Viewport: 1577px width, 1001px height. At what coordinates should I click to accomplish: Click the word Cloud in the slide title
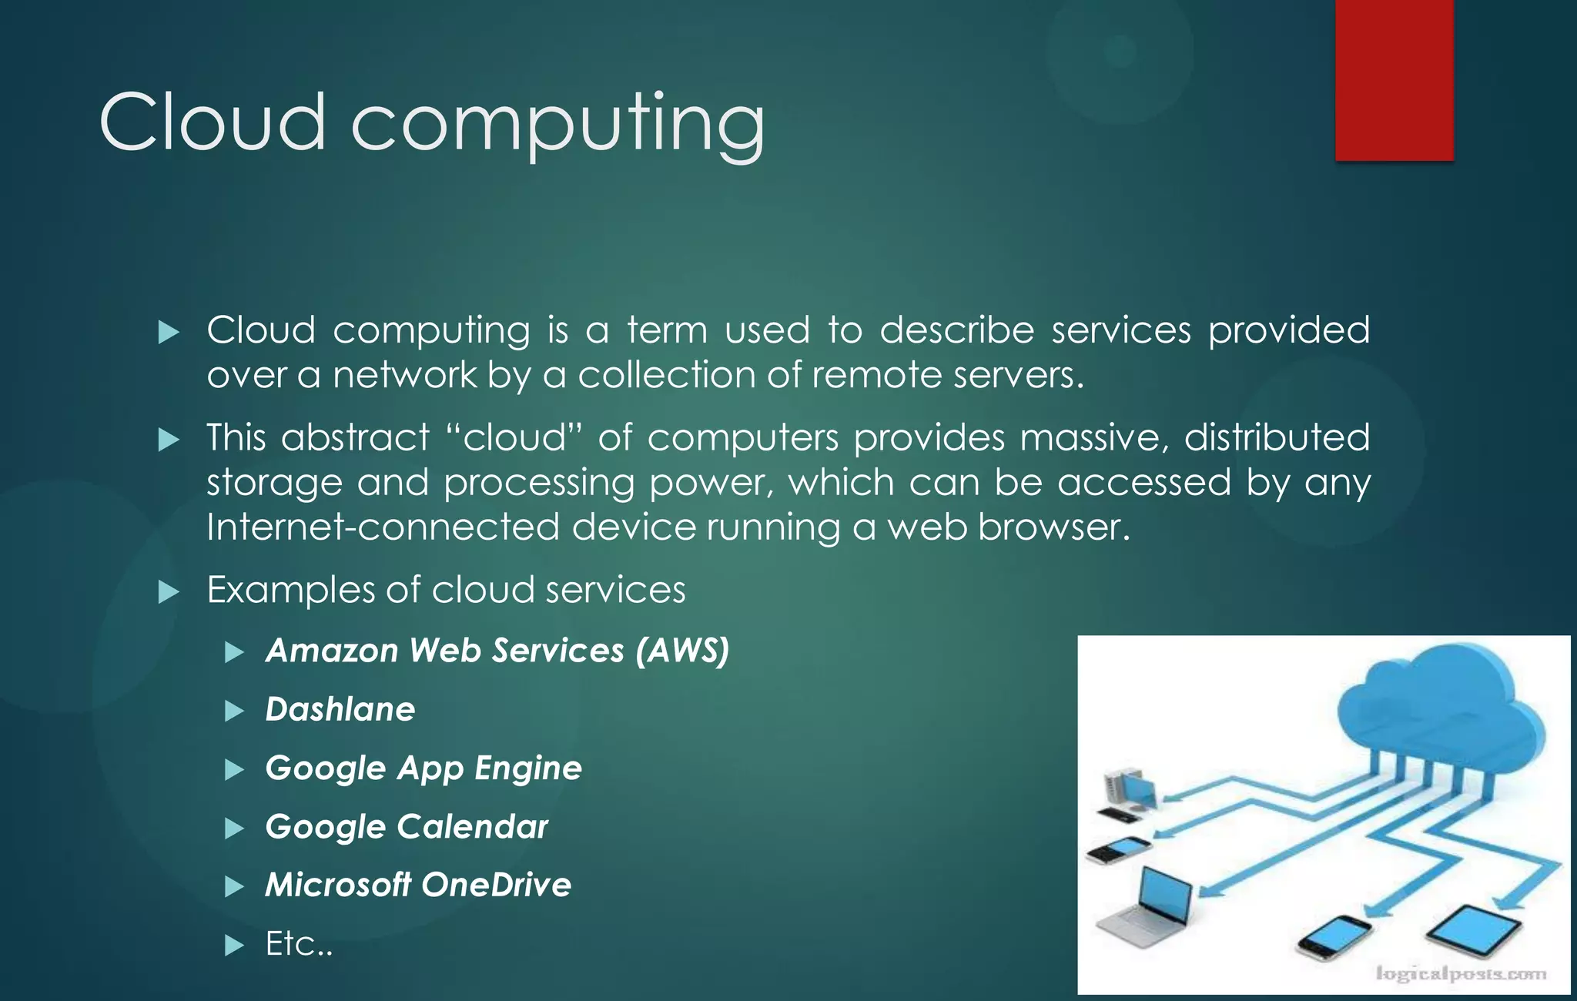pyautogui.click(x=213, y=123)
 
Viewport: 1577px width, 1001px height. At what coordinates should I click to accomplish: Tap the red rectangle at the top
pyautogui.click(x=1394, y=80)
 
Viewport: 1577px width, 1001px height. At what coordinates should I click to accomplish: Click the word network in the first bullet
pyautogui.click(x=405, y=376)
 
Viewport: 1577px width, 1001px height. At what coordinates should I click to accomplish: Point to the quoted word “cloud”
pyautogui.click(x=514, y=437)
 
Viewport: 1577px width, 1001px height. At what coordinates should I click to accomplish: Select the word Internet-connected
pyautogui.click(x=383, y=527)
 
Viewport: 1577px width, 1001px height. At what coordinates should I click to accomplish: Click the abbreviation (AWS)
pyautogui.click(x=682, y=651)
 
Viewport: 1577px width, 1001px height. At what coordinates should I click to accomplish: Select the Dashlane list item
pyautogui.click(x=340, y=709)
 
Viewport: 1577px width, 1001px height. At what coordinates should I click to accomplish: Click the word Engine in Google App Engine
pyautogui.click(x=528, y=768)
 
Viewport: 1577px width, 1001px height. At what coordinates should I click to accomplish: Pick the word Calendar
pyautogui.click(x=473, y=827)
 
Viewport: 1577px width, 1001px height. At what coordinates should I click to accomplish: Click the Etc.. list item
pyautogui.click(x=299, y=944)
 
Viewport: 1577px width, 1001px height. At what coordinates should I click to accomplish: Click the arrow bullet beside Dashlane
pyautogui.click(x=234, y=711)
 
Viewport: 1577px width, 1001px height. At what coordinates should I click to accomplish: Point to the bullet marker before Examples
pyautogui.click(x=168, y=592)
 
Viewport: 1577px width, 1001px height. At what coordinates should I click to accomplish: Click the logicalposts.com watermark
pyautogui.click(x=1461, y=974)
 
